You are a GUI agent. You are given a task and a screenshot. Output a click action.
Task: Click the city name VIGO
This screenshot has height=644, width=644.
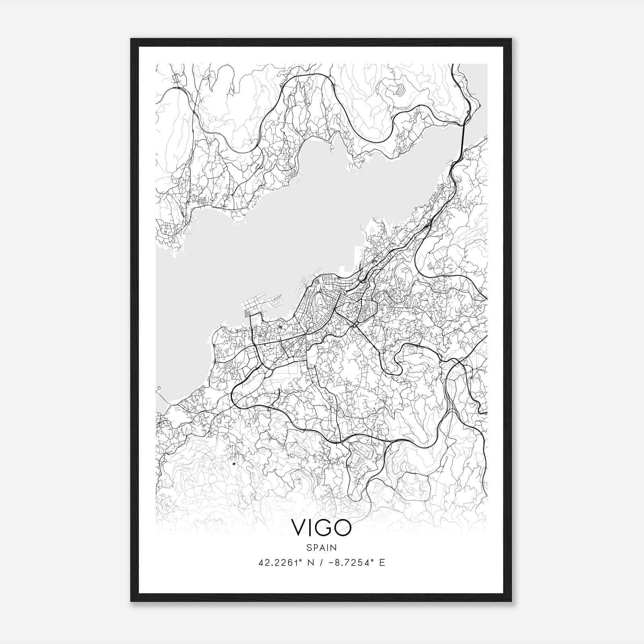(x=322, y=528)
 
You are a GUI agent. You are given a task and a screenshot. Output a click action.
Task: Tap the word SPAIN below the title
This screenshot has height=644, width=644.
(x=322, y=547)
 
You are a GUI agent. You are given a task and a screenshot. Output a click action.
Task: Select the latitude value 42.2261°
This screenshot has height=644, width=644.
(x=281, y=563)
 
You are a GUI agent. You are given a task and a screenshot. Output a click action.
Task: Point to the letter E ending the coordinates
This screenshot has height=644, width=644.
(x=382, y=563)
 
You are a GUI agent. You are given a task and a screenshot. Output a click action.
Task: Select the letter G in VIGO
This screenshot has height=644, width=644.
(x=323, y=528)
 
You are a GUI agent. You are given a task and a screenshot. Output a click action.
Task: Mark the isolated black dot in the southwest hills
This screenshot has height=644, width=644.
(x=233, y=464)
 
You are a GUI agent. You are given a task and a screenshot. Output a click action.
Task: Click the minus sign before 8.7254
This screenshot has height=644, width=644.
(x=332, y=563)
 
